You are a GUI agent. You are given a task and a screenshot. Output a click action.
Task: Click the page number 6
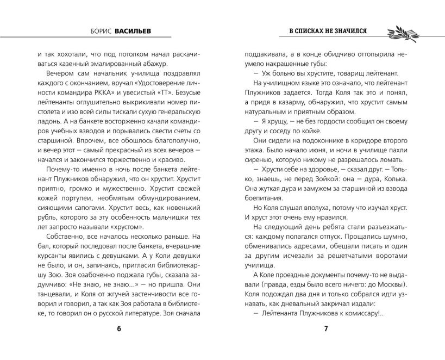118,328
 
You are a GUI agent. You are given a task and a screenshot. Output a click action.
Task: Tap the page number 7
325,328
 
